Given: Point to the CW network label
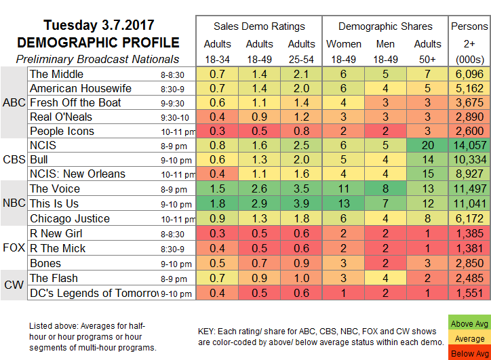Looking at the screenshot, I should (13, 285).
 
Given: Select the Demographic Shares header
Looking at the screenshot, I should (385, 26).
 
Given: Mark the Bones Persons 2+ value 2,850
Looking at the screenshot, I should (469, 263).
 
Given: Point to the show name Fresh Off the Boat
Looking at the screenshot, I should (75, 102).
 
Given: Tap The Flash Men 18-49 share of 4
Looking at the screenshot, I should (385, 278).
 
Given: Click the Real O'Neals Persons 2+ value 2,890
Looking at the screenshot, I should (469, 117).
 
